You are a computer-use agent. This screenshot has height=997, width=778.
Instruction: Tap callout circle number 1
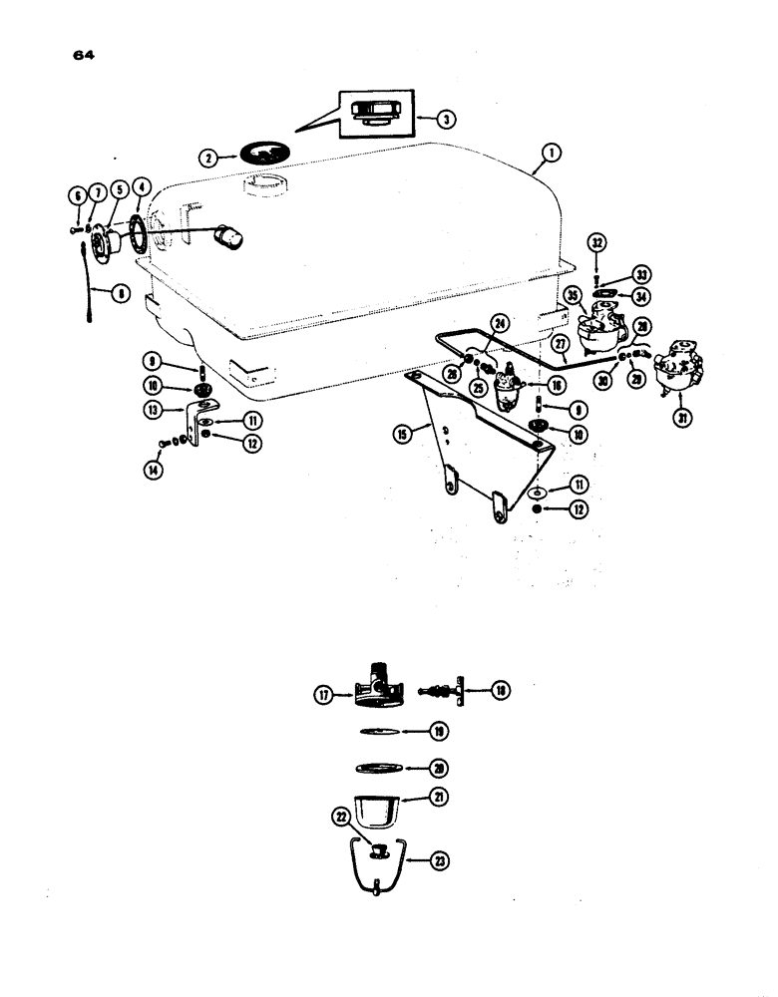click(551, 154)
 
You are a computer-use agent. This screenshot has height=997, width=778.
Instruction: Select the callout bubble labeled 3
click(447, 118)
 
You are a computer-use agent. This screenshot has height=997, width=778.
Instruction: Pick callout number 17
click(324, 696)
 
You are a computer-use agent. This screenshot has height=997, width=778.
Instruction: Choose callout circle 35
click(573, 295)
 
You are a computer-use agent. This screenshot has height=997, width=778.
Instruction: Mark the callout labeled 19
click(437, 731)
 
